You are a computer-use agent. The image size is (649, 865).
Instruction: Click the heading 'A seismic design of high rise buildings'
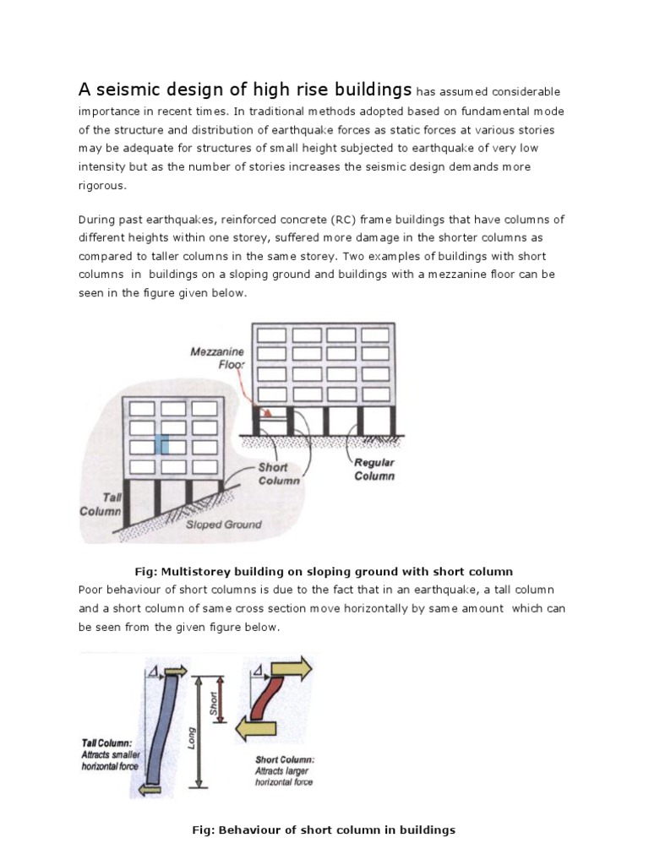point(245,90)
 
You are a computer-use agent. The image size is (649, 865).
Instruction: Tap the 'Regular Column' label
point(374,470)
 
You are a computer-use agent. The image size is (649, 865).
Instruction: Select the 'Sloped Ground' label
point(223,524)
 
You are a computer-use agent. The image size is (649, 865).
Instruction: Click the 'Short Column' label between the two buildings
point(280,474)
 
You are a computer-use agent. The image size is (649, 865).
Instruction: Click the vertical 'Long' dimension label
point(193,739)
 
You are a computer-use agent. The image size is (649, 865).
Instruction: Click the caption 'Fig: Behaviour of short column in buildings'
point(324,830)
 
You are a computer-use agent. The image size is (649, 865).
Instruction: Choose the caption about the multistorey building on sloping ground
point(324,571)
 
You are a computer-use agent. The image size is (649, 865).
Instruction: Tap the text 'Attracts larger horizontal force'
point(284,776)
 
